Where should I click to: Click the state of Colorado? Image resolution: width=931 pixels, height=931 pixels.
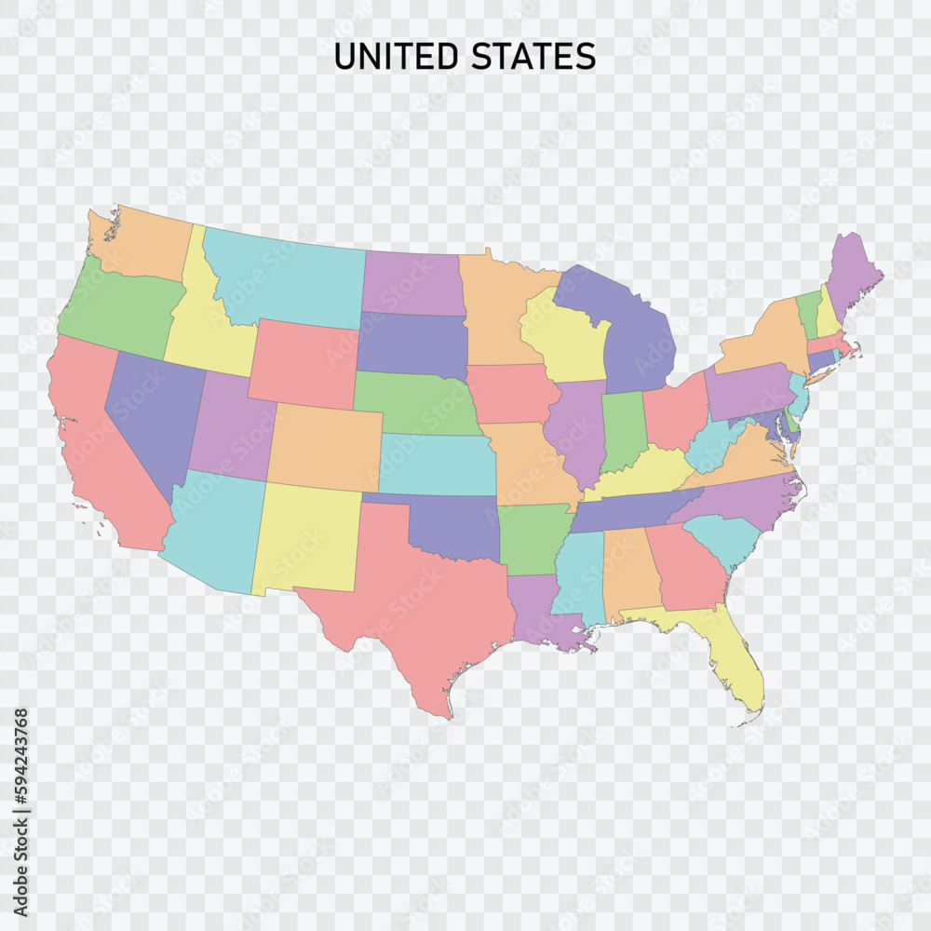pyautogui.click(x=326, y=447)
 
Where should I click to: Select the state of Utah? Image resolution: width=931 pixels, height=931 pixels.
pyautogui.click(x=228, y=424)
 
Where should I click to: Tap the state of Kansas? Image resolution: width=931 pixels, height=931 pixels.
pyautogui.click(x=438, y=464)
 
